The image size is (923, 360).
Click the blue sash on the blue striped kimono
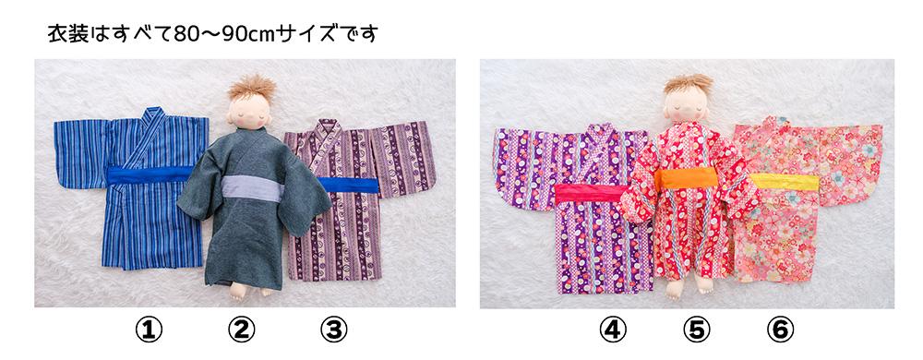150,174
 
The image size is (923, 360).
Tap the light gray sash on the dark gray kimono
253,187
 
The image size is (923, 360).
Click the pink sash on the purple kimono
593,193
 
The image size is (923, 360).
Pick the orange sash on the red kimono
687,179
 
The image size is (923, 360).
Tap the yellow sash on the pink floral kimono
785,182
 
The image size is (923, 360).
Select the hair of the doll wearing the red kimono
689,83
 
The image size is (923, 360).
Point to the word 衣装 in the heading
67,34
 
